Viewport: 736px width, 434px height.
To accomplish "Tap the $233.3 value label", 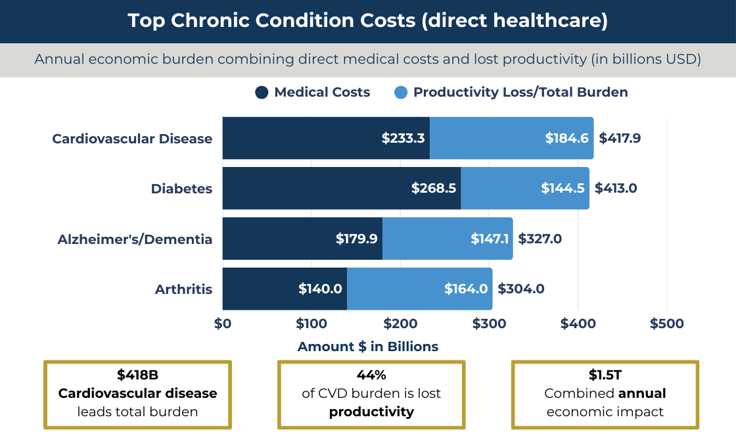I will pos(403,139).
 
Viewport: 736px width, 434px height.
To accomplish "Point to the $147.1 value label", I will pos(490,239).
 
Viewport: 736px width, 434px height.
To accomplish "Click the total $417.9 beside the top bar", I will pos(619,139).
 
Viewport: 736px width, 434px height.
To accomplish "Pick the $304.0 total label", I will pos(520,289).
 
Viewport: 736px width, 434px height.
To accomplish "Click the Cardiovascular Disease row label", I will pos(132,139).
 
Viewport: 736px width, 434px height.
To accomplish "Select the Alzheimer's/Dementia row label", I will pos(135,239).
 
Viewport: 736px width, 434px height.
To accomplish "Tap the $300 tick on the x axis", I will pos(489,324).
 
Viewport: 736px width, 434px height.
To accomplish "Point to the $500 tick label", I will pos(666,324).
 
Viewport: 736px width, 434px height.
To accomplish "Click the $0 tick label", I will pos(223,324).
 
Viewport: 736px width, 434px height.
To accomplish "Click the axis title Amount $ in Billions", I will pos(367,347).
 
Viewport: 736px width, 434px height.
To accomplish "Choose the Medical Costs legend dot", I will pos(262,93).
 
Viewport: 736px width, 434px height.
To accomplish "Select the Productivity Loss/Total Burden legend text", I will pos(520,93).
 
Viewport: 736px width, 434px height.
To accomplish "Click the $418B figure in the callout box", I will pos(137,375).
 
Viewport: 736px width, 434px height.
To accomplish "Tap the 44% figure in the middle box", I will pos(371,375).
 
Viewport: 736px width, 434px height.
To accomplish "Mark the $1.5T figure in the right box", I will pos(605,375).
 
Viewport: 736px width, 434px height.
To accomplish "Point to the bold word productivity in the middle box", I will pos(371,412).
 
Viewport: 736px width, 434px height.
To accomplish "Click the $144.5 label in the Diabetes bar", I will pos(563,189).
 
